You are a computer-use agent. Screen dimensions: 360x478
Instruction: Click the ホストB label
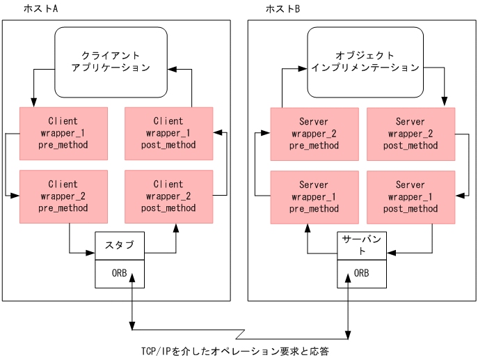coord(283,9)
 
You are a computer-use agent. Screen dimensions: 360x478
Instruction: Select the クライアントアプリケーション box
coord(111,61)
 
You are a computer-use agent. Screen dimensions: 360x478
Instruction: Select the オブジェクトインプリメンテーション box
coord(365,61)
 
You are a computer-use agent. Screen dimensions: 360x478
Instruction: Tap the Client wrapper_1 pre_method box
coord(63,133)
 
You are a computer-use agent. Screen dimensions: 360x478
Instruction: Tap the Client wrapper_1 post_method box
coord(168,133)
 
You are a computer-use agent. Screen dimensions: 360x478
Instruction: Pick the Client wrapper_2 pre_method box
coord(63,196)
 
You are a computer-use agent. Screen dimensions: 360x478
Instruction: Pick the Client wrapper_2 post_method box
coord(168,196)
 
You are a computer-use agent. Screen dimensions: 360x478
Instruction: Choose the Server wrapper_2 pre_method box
coord(314,134)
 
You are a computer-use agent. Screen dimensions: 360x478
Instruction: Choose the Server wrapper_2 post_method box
coord(411,134)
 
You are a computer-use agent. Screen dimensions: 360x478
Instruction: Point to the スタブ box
coord(120,245)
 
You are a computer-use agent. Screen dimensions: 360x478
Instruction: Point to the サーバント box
coord(362,245)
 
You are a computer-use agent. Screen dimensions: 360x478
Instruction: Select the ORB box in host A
coord(120,273)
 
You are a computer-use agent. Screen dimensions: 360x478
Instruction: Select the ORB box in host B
coord(362,273)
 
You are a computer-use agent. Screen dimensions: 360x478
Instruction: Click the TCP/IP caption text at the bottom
coord(234,351)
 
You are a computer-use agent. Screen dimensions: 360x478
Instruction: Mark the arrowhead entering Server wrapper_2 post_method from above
coord(445,103)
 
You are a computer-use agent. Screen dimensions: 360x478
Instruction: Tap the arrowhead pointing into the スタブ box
coord(91,253)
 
